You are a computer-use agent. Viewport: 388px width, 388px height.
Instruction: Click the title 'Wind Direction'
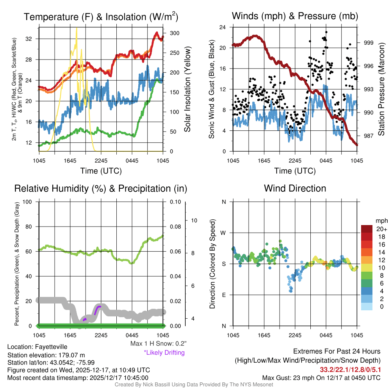pyautogui.click(x=295, y=188)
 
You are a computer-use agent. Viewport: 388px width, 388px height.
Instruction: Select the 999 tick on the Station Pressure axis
pyautogui.click(x=369, y=43)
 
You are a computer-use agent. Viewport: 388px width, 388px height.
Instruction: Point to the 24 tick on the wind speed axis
pyautogui.click(x=223, y=27)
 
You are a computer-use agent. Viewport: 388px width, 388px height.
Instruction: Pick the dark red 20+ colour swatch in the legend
pyautogui.click(x=367, y=229)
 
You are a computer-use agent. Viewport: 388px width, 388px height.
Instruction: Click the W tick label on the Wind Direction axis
pyautogui.click(x=224, y=233)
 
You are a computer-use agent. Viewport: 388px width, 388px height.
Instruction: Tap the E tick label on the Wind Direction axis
pyautogui.click(x=224, y=295)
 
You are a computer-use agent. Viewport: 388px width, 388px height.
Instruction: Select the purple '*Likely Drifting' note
pyautogui.click(x=164, y=352)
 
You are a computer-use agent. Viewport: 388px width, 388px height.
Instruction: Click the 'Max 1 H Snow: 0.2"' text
pyautogui.click(x=158, y=343)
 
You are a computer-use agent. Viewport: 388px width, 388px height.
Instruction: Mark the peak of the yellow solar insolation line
pyautogui.click(x=77, y=27)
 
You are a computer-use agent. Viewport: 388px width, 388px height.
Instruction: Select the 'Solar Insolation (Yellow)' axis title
pyautogui.click(x=188, y=89)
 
